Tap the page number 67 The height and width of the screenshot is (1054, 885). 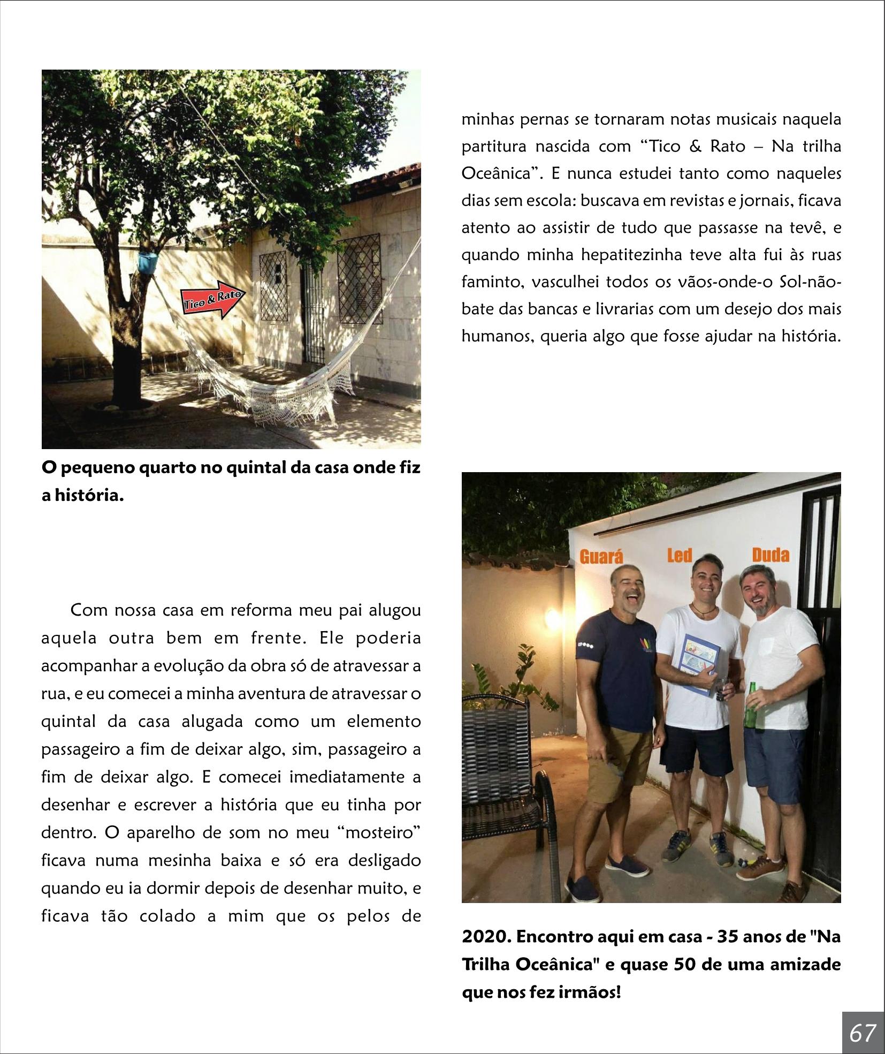click(x=863, y=1032)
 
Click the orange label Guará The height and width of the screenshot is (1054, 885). click(x=602, y=556)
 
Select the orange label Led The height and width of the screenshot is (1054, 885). click(x=679, y=556)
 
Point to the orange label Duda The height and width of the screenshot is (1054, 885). click(x=770, y=555)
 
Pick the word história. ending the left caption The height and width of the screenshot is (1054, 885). click(x=83, y=495)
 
